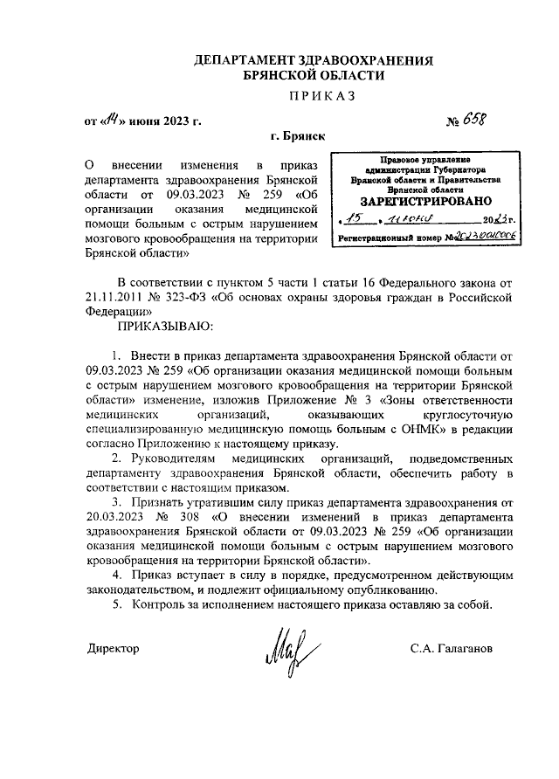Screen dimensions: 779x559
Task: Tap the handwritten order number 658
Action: click(x=480, y=119)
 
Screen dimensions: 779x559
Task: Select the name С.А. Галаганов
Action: click(x=451, y=649)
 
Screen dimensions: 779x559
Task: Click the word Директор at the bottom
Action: click(x=113, y=649)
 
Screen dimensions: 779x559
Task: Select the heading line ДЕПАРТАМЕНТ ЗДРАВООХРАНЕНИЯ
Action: click(x=314, y=61)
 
